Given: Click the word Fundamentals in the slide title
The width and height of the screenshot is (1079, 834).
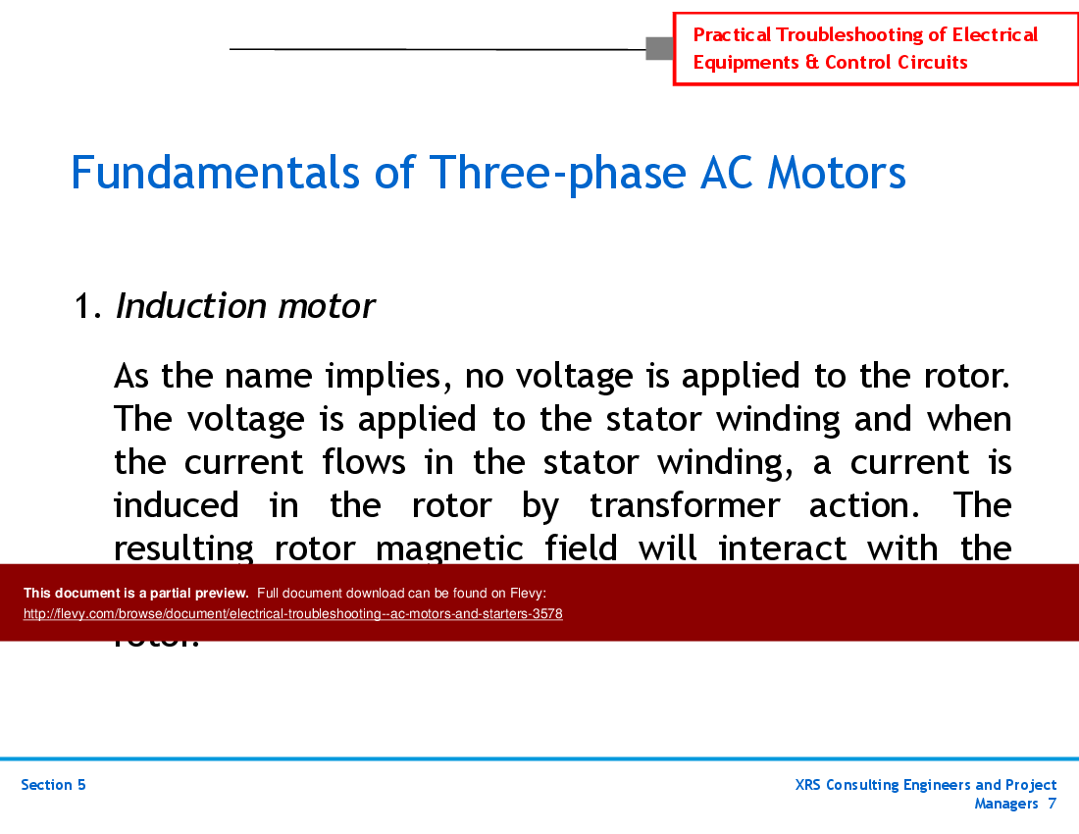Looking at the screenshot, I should point(215,174).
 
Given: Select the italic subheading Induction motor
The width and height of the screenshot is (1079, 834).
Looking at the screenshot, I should point(245,306).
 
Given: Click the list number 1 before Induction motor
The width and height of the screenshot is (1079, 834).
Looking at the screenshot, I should point(84,307).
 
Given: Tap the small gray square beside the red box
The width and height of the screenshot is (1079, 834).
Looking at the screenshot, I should point(659,47).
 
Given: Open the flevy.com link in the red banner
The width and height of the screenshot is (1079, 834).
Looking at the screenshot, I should point(292,614).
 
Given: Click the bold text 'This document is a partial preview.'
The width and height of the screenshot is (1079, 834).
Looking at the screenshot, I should point(136,593).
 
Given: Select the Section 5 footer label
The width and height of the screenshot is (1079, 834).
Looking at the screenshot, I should point(53,785).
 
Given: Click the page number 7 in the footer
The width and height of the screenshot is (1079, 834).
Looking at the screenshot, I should point(1052,804).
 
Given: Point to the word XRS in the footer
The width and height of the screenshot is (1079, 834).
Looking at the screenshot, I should point(810,785).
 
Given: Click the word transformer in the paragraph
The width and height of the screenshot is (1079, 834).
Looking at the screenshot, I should point(685,505).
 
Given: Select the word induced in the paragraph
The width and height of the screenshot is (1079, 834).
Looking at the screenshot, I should point(177,505).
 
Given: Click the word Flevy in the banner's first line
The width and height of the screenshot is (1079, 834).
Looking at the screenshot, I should point(526,593).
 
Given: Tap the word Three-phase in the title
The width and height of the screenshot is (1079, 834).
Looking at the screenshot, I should point(556,174).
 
